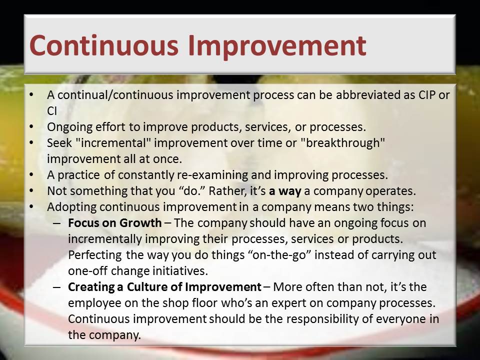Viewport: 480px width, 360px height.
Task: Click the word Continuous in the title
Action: click(x=104, y=45)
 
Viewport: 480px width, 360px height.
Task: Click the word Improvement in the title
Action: click(x=277, y=46)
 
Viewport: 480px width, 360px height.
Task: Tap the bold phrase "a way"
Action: click(x=285, y=191)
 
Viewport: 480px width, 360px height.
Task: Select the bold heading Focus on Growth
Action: click(x=115, y=223)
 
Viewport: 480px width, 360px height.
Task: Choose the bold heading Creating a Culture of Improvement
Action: click(x=164, y=287)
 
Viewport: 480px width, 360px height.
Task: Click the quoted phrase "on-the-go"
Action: click(x=279, y=254)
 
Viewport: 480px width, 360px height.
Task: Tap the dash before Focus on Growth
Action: click(x=57, y=223)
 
